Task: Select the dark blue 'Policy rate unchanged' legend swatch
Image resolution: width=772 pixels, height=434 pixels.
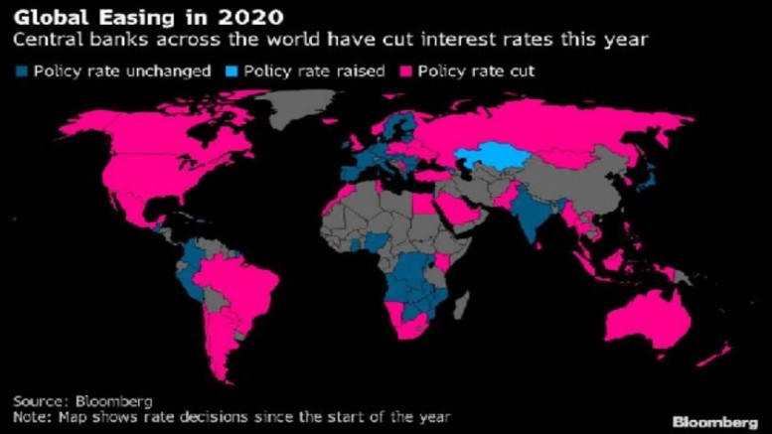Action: (x=22, y=72)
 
